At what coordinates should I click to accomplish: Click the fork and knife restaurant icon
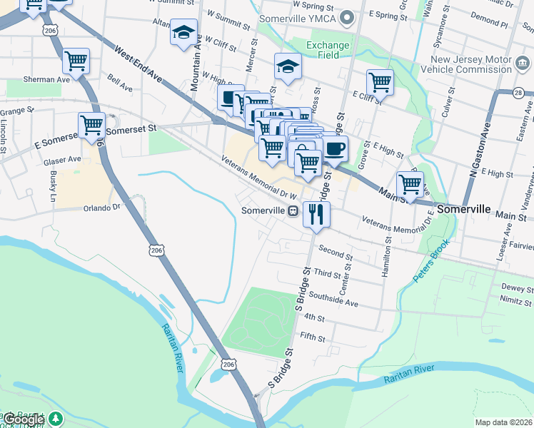[316, 213]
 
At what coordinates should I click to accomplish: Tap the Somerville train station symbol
[293, 211]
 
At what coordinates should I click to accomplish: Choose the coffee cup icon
[335, 148]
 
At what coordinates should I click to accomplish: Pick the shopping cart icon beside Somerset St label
[91, 125]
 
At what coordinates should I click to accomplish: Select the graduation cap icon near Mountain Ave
[183, 32]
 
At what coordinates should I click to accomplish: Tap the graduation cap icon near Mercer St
[288, 66]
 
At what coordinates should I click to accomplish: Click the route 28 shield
[519, 93]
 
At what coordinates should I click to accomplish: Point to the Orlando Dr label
[104, 208]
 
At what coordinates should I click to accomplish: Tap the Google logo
[23, 420]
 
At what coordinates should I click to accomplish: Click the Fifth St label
[313, 335]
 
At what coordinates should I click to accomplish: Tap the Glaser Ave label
[62, 160]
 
